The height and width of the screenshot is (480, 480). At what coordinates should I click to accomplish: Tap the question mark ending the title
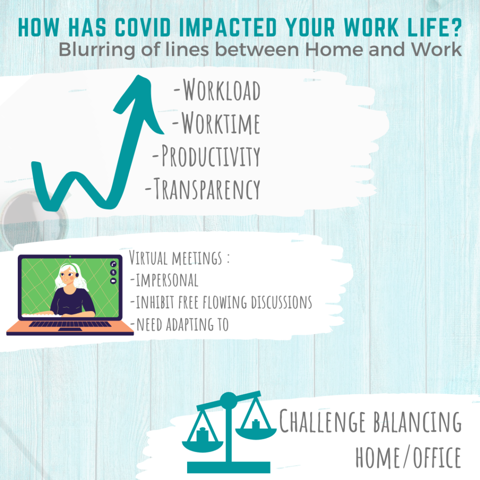tap(456, 28)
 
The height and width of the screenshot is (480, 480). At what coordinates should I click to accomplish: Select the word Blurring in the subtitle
tap(97, 50)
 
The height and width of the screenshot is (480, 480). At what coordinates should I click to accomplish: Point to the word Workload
tap(222, 90)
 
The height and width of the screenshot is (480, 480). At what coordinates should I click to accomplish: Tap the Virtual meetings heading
tap(179, 257)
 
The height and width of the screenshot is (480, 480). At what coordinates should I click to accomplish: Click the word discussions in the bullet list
tap(281, 302)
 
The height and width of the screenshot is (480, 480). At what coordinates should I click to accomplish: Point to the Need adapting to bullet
tap(180, 324)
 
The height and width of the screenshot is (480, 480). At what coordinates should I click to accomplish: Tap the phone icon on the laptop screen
tap(113, 264)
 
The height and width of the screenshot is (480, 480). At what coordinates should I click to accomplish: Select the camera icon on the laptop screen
tap(113, 281)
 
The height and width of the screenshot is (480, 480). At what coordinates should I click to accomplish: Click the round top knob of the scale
tap(229, 400)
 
